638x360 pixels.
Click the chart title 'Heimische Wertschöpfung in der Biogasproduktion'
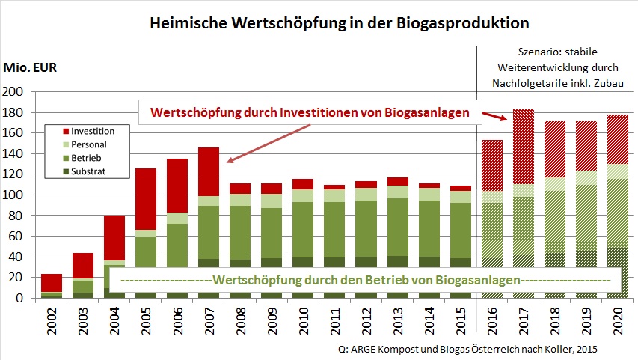click(340, 23)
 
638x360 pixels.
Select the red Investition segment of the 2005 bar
click(146, 199)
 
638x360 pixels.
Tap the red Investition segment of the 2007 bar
click(209, 172)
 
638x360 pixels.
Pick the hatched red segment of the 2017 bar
click(524, 147)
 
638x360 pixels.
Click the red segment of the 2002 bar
click(52, 283)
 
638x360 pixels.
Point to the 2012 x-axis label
click(366, 321)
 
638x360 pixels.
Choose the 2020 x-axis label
click(618, 321)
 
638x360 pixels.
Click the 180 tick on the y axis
click(13, 112)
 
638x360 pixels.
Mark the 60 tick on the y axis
click(16, 237)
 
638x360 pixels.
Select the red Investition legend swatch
click(66, 131)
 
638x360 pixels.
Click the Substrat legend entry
click(85, 171)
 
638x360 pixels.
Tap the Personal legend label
click(89, 144)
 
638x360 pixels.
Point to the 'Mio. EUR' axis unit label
click(30, 67)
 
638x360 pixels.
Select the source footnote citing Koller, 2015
click(467, 349)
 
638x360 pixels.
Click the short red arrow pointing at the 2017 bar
click(495, 116)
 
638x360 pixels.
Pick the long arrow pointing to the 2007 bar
click(269, 144)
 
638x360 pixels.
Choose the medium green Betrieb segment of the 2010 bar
click(303, 230)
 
